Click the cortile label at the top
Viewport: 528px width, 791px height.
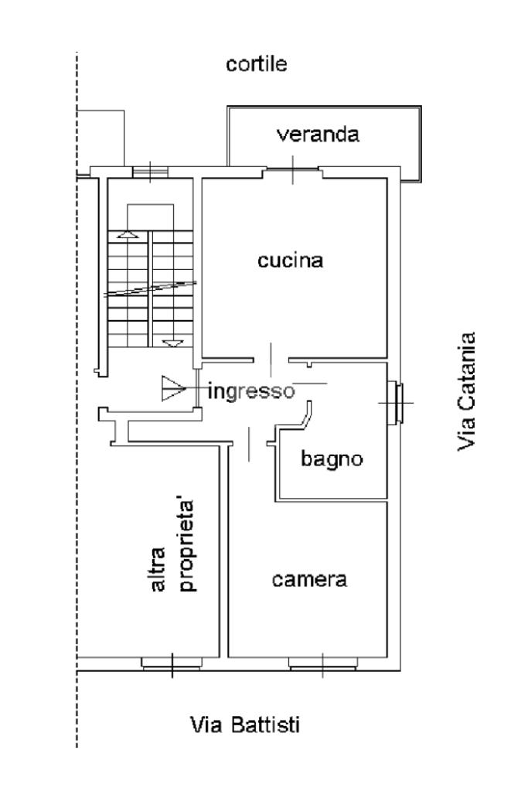coord(256,64)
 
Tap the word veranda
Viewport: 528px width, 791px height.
coord(319,135)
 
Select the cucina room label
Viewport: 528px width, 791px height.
coord(291,261)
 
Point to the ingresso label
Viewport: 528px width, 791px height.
coord(251,392)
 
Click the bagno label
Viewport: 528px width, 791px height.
coord(332,459)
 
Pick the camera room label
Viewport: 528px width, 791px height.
coord(310,580)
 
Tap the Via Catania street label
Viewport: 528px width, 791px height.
coord(466,391)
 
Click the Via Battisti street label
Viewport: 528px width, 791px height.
coord(245,725)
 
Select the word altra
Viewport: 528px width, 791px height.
coord(158,569)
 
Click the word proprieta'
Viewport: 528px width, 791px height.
coord(187,545)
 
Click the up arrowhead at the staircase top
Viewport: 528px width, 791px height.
coord(127,234)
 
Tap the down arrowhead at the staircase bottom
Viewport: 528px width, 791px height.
coord(173,343)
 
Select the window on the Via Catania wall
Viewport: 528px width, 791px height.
coord(395,403)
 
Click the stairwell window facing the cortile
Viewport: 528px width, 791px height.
coord(150,172)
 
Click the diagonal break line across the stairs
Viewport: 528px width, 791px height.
coord(150,288)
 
